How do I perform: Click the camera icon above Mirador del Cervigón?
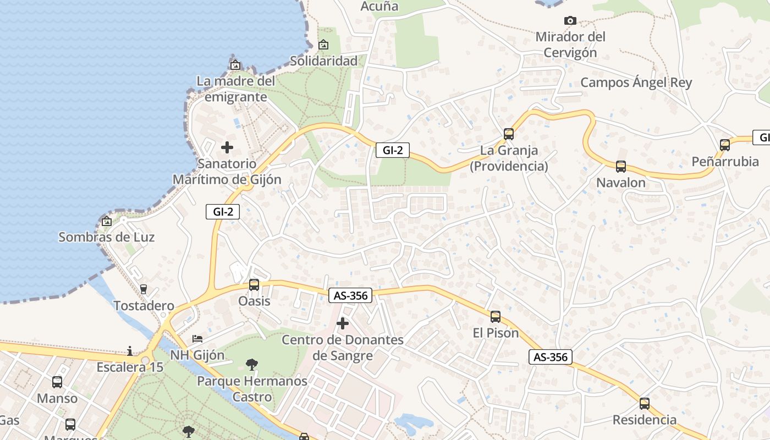tap(570, 21)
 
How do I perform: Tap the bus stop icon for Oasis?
tap(254, 285)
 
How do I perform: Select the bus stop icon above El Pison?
tap(496, 317)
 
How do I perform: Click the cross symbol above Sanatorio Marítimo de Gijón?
tap(227, 147)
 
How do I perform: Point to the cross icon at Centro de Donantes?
tap(343, 323)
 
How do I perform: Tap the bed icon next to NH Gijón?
tap(197, 339)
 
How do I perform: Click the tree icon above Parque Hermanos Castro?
tap(251, 364)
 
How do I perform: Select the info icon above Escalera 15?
tap(130, 351)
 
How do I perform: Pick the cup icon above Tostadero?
tap(144, 289)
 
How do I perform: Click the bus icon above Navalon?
tap(621, 166)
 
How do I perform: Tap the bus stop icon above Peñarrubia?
tap(725, 145)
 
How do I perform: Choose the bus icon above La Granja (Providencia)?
tap(509, 134)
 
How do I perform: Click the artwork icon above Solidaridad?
tap(323, 45)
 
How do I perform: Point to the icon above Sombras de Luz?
tap(107, 221)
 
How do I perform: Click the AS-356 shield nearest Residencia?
tap(551, 357)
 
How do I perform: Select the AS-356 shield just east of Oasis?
tap(350, 295)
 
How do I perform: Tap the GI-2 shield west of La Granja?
tap(393, 150)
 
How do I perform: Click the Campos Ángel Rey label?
tap(636, 82)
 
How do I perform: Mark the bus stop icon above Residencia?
tap(645, 404)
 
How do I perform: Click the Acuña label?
tap(379, 7)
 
